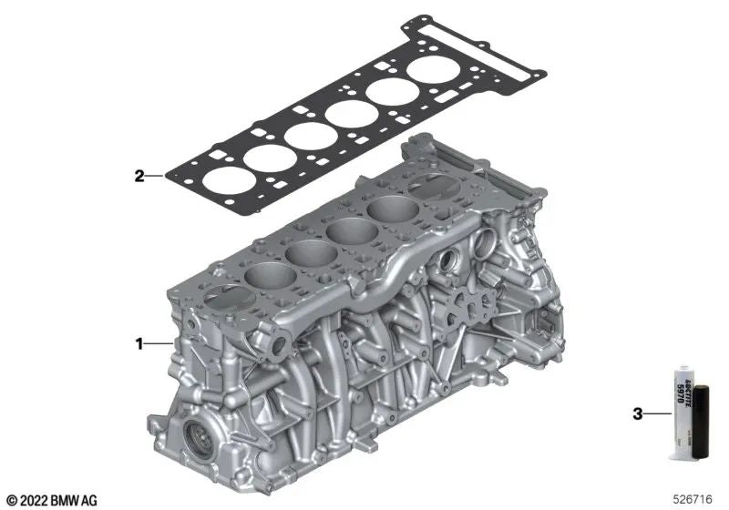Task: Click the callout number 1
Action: pos(139,344)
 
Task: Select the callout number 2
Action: pos(139,177)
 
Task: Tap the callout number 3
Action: pos(637,414)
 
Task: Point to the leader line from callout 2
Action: pos(156,177)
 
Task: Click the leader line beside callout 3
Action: pos(657,414)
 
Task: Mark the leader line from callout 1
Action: pos(158,344)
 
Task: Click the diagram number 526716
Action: pos(695,498)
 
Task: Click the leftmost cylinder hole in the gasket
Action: pos(222,181)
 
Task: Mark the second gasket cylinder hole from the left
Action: pos(264,158)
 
